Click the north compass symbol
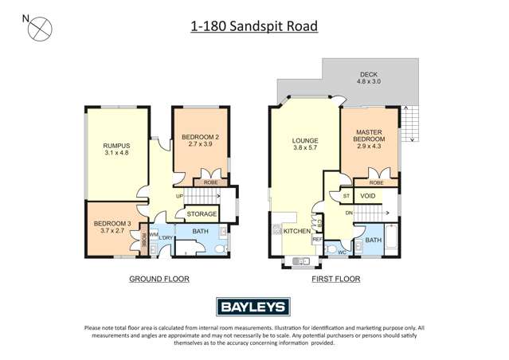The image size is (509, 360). (39, 29)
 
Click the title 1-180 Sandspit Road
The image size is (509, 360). (254, 26)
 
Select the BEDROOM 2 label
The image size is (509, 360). (200, 140)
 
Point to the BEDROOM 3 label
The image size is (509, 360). (111, 227)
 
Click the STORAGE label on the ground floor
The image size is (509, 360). (202, 214)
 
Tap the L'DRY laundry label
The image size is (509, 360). (166, 238)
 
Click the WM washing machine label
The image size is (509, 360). (153, 234)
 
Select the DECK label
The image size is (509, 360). (368, 77)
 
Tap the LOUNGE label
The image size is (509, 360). (305, 143)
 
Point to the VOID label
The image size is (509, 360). (368, 195)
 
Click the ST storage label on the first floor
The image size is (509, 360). (347, 195)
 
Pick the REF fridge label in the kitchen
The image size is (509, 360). (317, 239)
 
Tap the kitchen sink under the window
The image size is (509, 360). (300, 260)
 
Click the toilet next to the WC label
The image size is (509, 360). (332, 247)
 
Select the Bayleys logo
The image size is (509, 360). (254, 307)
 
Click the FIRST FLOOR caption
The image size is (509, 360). (336, 280)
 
